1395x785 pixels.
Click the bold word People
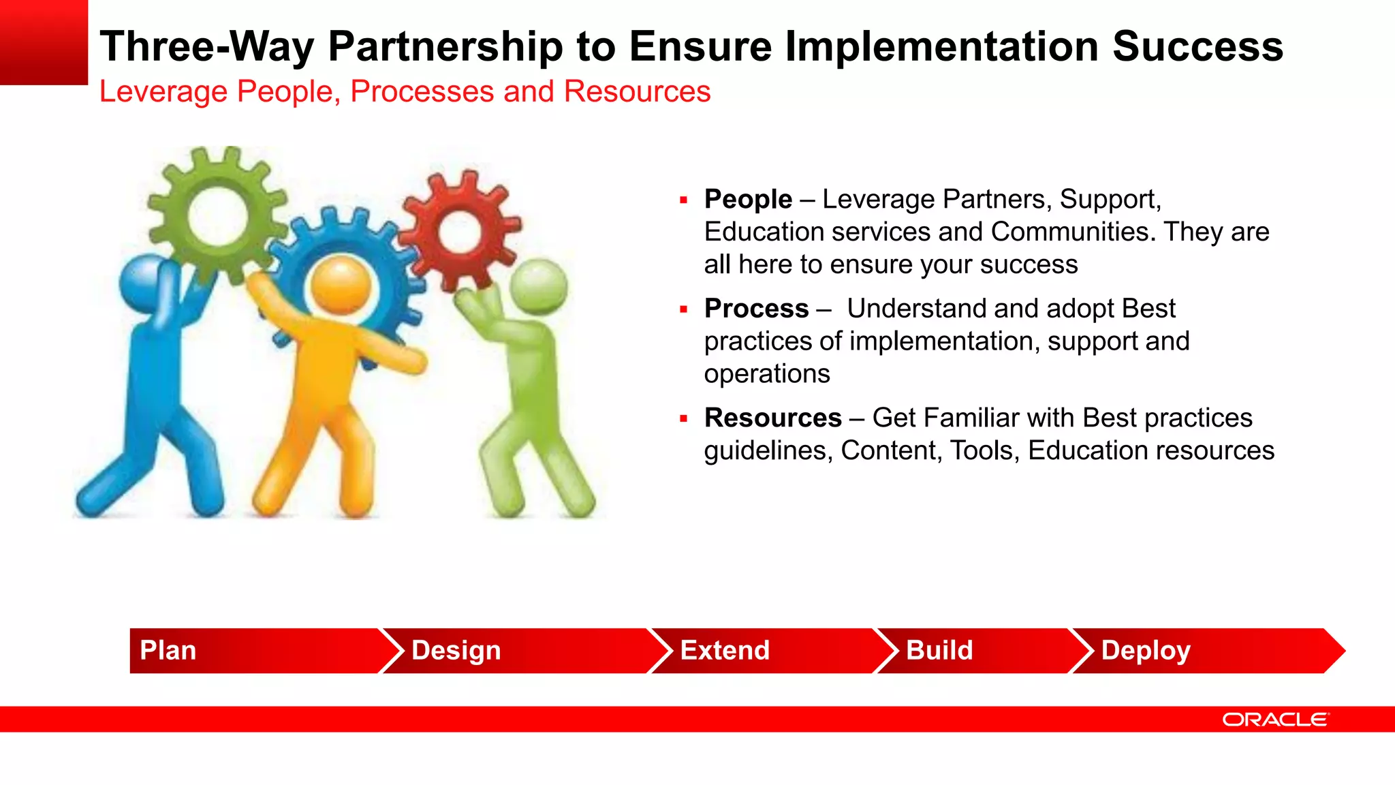(x=748, y=199)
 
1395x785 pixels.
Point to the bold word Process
(x=756, y=308)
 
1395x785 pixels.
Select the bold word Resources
(x=772, y=418)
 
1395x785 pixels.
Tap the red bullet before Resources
(x=683, y=418)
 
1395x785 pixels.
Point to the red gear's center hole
(x=463, y=232)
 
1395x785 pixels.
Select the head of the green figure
(x=538, y=286)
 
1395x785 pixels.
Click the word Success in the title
(x=1197, y=46)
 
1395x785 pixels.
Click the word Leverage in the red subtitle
(x=163, y=91)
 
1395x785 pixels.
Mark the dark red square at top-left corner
(x=44, y=42)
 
